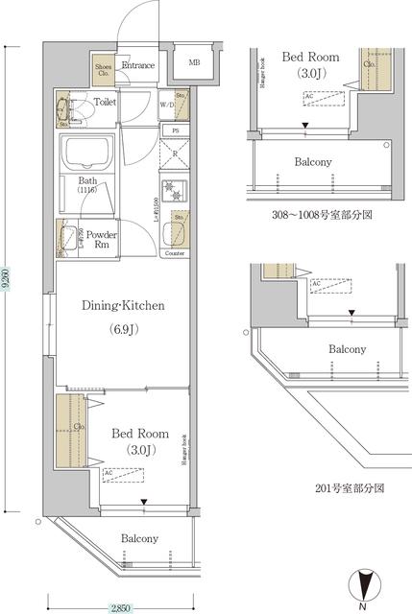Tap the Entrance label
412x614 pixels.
tap(139, 64)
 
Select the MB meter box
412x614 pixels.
tap(194, 63)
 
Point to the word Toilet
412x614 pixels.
tap(106, 100)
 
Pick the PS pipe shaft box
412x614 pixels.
tap(175, 130)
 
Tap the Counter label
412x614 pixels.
tap(175, 253)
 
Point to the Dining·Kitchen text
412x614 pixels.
tap(122, 306)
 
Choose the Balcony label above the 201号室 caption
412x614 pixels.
tap(347, 351)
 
